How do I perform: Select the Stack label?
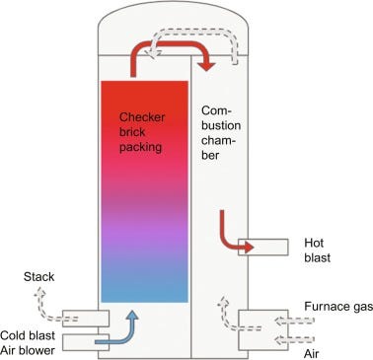click(38, 290)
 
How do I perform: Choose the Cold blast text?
click(28, 331)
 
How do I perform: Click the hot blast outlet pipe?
click(265, 246)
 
